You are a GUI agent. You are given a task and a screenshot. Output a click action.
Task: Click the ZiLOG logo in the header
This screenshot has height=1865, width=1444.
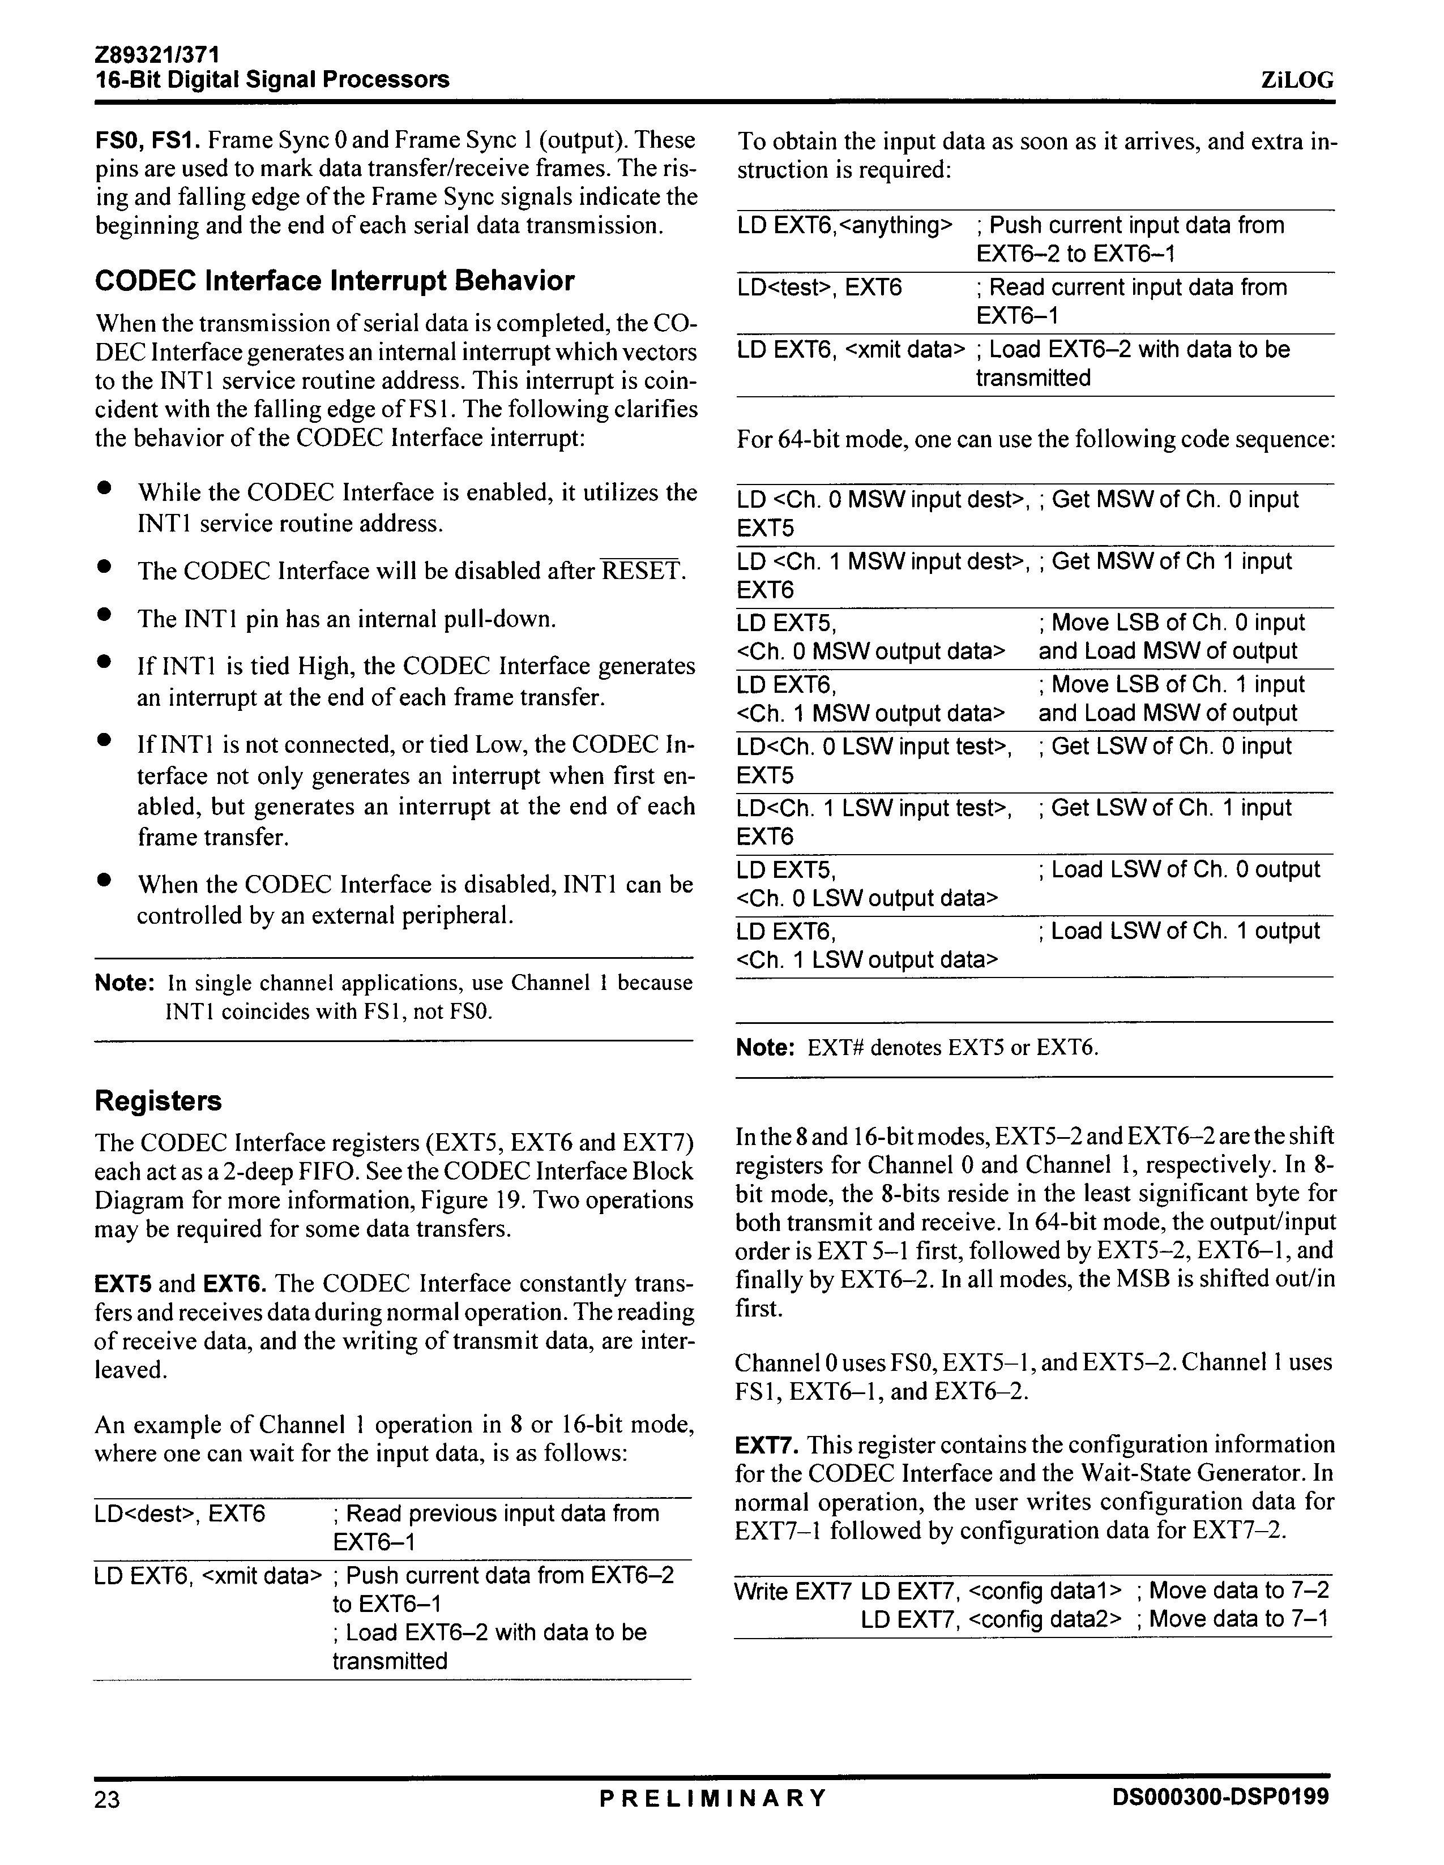1296,80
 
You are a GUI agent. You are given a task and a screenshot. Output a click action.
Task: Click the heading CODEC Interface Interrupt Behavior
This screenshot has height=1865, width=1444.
334,281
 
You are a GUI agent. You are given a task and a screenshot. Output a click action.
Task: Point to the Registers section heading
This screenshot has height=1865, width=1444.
158,1101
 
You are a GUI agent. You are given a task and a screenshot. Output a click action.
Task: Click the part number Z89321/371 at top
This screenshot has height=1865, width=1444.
157,55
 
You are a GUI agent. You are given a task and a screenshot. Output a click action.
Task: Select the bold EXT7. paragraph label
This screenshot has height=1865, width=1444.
766,1446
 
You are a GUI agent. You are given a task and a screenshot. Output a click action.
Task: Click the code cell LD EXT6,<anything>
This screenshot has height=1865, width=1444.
844,225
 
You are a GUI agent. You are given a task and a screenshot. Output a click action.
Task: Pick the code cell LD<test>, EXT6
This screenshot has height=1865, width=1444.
819,288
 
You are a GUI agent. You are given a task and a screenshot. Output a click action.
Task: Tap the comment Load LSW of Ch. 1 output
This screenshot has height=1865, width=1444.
1179,931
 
